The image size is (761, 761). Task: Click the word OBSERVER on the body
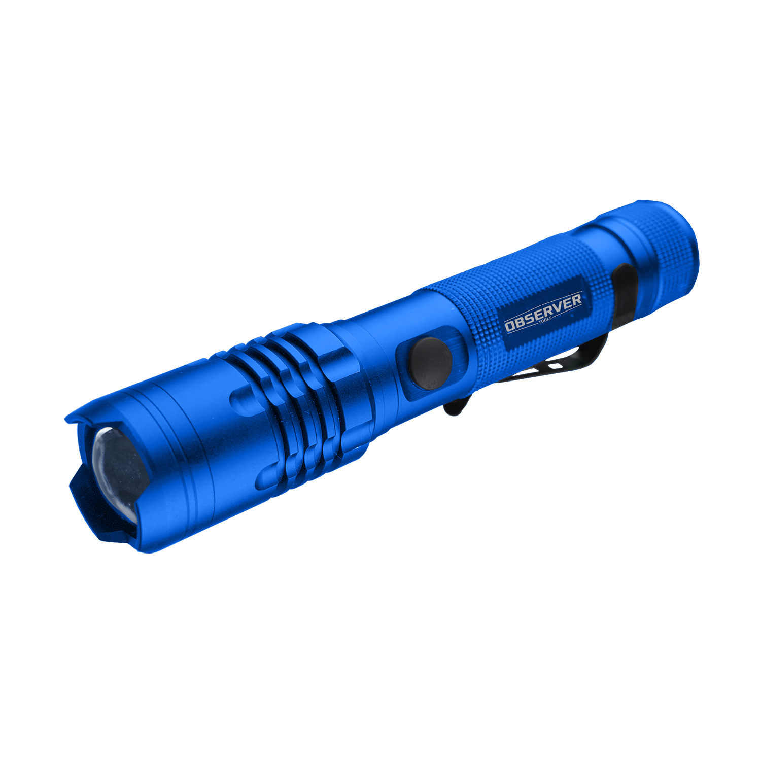click(x=543, y=311)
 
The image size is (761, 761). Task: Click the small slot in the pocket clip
click(x=556, y=365)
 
